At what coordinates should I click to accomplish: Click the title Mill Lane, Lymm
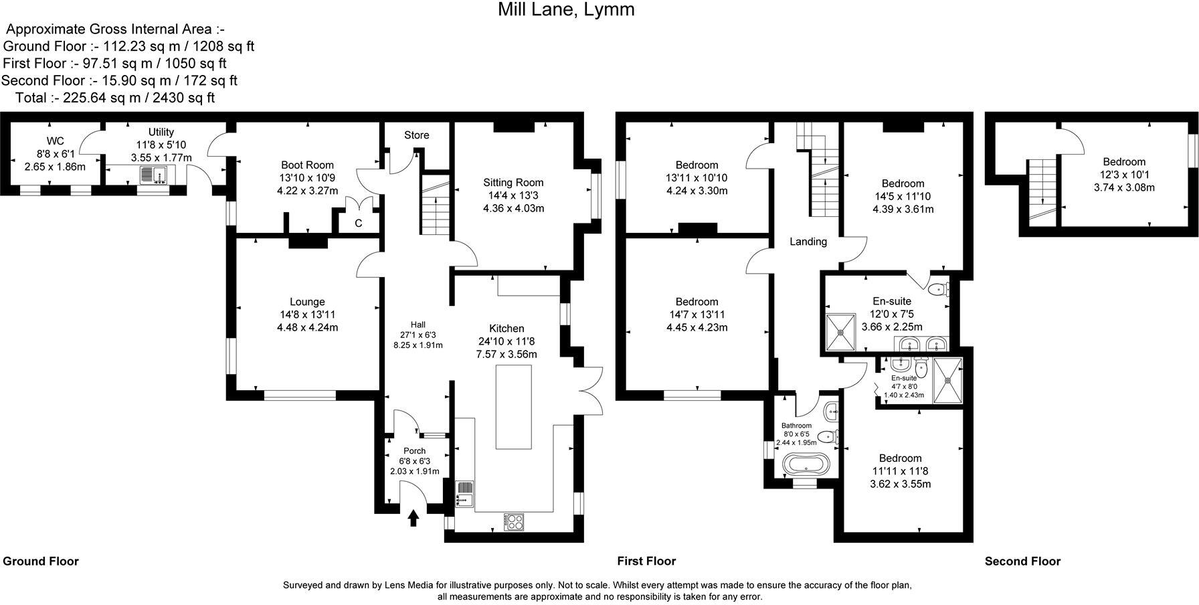pos(566,10)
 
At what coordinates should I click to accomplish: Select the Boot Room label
pos(307,165)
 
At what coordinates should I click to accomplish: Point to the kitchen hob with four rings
pos(514,521)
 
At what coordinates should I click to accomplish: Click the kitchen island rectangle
pos(513,406)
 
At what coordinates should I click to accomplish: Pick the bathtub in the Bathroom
pos(805,464)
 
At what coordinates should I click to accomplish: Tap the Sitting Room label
pos(513,182)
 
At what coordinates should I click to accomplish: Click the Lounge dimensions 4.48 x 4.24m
pos(307,327)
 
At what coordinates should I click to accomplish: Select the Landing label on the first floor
pos(808,242)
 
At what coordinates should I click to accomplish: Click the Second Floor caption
pos(1022,561)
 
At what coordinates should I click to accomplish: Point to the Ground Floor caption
pos(41,561)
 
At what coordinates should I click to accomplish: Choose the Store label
pos(416,135)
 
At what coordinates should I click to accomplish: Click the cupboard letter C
pos(359,224)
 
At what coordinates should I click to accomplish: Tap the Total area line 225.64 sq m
pos(115,98)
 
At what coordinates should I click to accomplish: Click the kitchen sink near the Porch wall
pos(464,494)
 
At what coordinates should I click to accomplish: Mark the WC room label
pos(55,141)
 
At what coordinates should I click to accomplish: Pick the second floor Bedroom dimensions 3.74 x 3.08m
pos(1124,187)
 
